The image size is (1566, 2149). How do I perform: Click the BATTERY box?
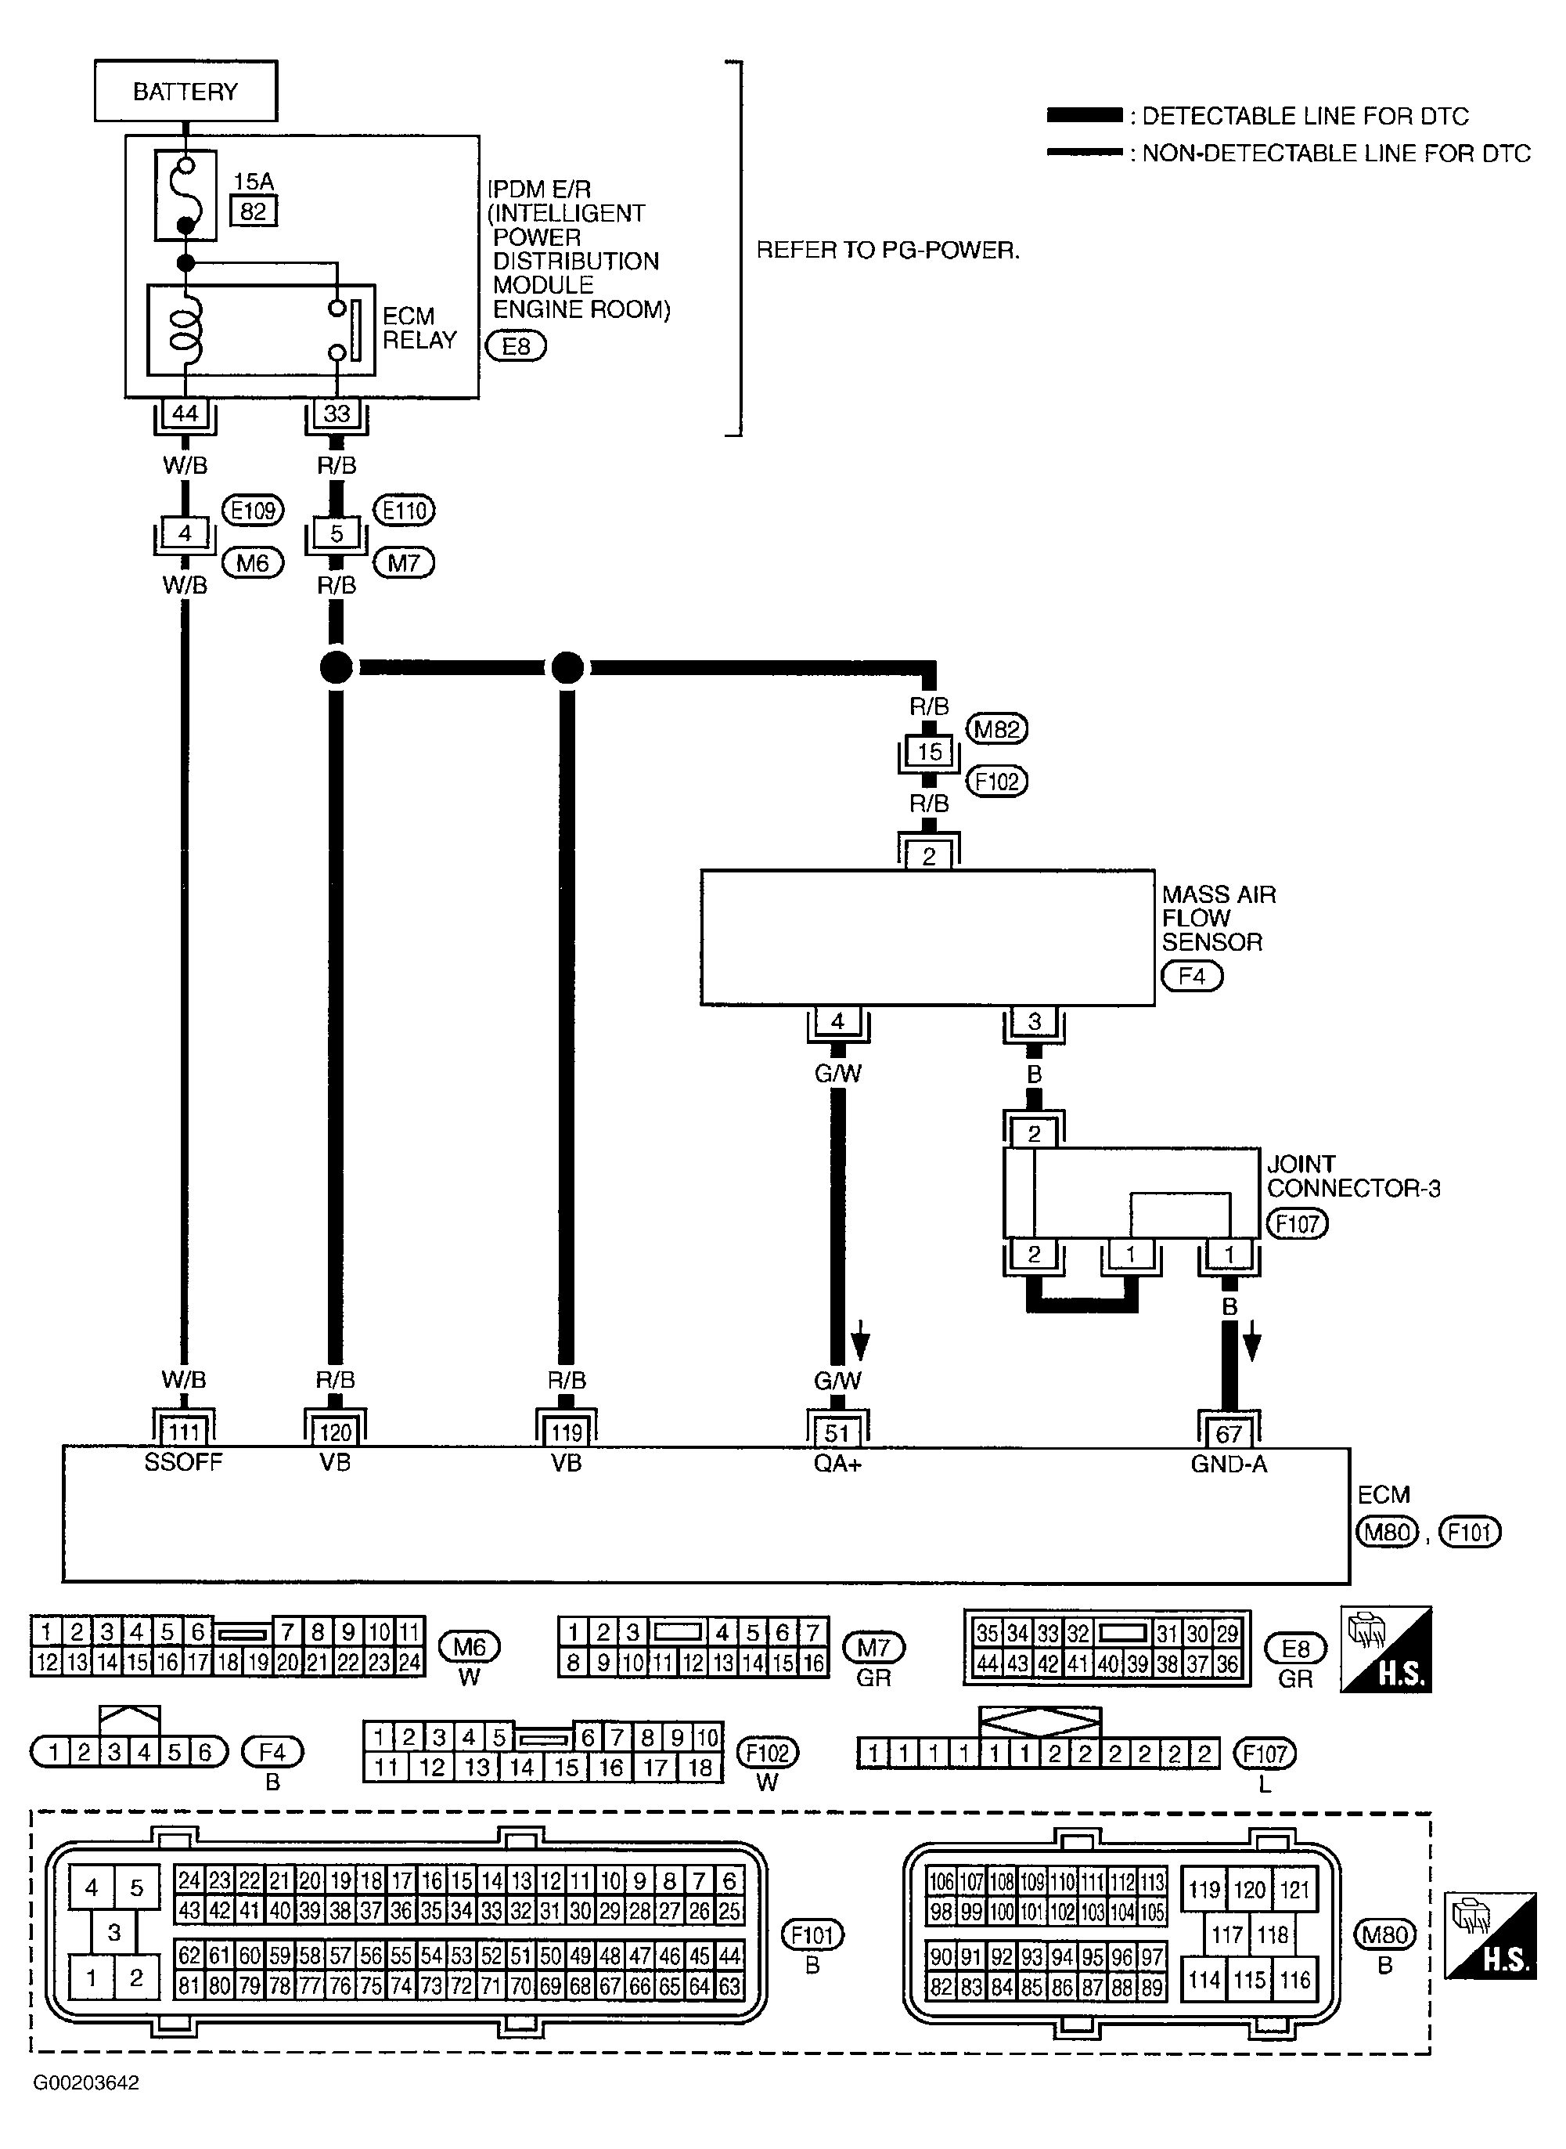(x=185, y=91)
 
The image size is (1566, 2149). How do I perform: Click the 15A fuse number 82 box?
(x=253, y=211)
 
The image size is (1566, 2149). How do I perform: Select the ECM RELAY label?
(x=419, y=327)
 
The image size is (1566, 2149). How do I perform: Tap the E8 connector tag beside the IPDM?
(x=516, y=346)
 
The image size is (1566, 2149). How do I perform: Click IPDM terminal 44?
(x=185, y=414)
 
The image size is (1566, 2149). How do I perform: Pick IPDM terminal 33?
(x=337, y=414)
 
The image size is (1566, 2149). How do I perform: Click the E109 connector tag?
(x=253, y=510)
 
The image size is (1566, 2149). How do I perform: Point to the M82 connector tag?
(x=996, y=728)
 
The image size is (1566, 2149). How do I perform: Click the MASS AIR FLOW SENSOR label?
(x=1218, y=917)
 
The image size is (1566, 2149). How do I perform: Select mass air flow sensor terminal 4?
(x=838, y=1021)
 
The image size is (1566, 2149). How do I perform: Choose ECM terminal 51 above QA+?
(x=837, y=1432)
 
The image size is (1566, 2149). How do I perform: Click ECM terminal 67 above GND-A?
(x=1229, y=1433)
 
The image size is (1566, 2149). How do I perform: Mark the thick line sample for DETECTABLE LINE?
(x=1083, y=116)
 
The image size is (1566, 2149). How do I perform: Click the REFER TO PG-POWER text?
(x=887, y=251)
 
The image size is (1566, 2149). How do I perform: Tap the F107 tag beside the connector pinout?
(x=1264, y=1754)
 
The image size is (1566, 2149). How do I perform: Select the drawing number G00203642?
(x=86, y=2082)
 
